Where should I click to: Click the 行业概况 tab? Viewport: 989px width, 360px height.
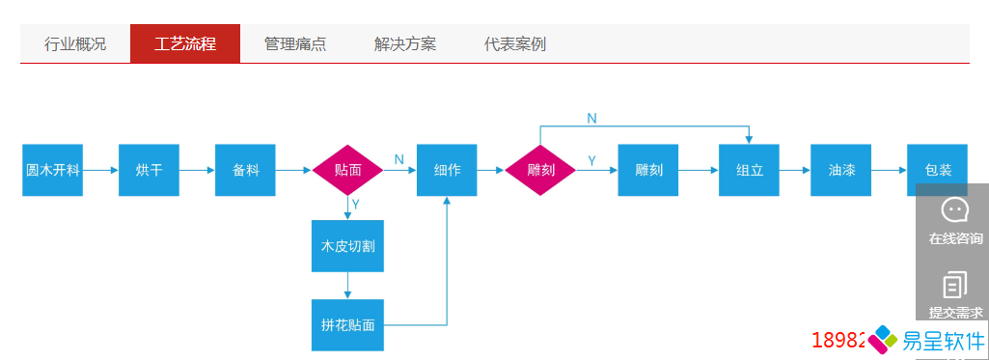(75, 44)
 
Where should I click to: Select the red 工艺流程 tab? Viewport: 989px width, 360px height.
(184, 44)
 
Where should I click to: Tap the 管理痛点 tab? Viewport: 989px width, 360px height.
(295, 44)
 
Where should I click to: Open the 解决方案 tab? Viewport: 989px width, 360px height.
(405, 44)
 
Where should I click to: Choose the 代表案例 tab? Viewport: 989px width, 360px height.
(515, 44)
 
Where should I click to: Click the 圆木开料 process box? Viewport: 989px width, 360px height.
(52, 170)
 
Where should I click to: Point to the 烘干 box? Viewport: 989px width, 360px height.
(150, 170)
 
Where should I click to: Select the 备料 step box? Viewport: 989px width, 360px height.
(246, 170)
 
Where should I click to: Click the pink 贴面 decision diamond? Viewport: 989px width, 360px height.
(347, 170)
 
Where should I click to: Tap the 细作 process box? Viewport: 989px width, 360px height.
(447, 170)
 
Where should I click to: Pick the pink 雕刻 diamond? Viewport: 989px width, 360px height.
(540, 170)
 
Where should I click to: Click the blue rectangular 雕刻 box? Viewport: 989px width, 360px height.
(648, 170)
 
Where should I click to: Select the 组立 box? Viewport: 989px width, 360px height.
(749, 170)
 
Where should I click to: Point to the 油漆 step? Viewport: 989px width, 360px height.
(841, 170)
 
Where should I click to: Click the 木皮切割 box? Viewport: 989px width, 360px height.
(347, 246)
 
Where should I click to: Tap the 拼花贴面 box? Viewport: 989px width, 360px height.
(347, 325)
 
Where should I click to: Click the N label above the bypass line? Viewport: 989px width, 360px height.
(591, 118)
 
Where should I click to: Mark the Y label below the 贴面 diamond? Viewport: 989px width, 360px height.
(356, 205)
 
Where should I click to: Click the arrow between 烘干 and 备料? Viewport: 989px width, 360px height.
(197, 170)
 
